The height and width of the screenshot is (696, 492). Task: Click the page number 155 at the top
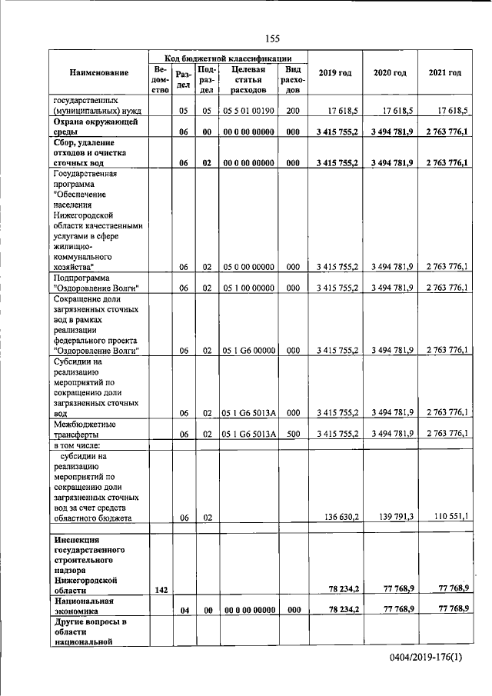coord(271,39)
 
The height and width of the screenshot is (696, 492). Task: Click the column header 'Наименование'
coord(98,73)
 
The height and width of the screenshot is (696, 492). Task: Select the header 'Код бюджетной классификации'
coord(228,58)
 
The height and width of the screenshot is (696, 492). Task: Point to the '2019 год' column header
coord(334,73)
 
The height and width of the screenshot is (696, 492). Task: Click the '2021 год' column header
coord(444,73)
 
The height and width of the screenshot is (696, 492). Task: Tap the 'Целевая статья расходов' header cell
coord(248,79)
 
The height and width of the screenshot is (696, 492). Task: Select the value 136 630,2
coord(339,518)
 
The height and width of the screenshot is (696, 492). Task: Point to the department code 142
coord(160,589)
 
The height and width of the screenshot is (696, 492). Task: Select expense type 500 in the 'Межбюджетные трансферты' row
coord(292,434)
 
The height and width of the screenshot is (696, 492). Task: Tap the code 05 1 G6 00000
coord(248,350)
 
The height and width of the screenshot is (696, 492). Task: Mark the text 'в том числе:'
coord(76,446)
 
